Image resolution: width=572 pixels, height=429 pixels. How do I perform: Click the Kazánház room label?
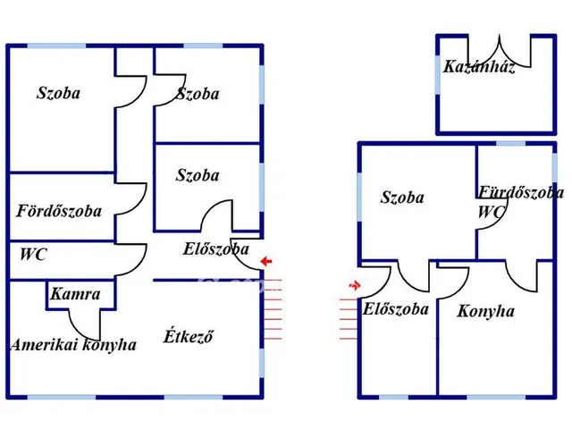click(x=478, y=68)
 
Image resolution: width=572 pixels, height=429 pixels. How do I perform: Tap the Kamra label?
click(x=75, y=294)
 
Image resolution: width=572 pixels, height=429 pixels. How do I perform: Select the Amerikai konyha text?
click(x=73, y=345)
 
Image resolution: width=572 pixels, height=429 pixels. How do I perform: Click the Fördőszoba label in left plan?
click(x=58, y=212)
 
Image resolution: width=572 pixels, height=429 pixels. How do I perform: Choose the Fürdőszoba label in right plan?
click(x=520, y=192)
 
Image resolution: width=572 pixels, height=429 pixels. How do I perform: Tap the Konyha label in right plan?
click(x=485, y=312)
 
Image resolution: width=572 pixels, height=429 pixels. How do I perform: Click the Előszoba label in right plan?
click(x=395, y=309)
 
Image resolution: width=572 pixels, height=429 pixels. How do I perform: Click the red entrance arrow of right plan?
click(x=355, y=286)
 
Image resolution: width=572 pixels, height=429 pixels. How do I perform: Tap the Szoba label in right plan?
click(x=402, y=198)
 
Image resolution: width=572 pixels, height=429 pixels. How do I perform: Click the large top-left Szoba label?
click(x=58, y=92)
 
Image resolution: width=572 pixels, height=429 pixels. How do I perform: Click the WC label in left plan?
click(x=33, y=255)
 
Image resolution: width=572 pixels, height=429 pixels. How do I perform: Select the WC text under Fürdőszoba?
click(x=491, y=213)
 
